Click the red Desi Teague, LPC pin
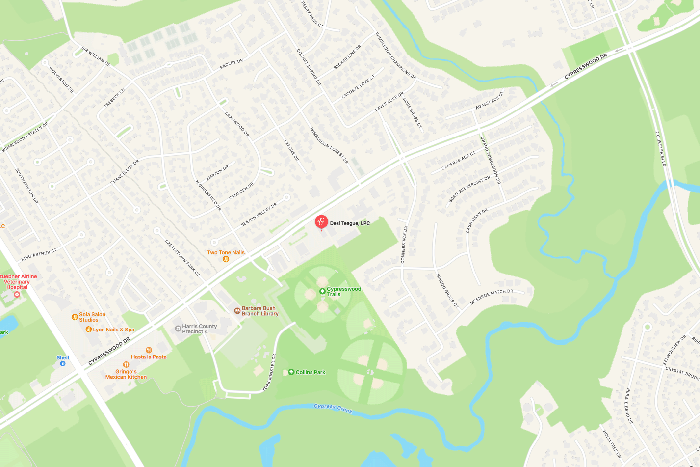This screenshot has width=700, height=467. (321, 222)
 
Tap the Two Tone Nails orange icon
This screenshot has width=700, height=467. (226, 259)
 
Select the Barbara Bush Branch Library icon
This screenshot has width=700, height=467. (237, 311)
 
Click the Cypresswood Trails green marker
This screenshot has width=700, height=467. (322, 291)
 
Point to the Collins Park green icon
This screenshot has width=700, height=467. (291, 372)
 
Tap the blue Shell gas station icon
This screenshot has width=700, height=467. (62, 364)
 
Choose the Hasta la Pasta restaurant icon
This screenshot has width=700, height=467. (149, 350)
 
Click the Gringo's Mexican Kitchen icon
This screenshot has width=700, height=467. (126, 365)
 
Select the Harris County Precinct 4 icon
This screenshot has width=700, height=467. (178, 329)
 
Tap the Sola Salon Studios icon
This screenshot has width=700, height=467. (75, 317)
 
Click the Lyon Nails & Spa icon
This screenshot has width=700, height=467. (89, 330)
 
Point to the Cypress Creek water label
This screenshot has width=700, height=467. (333, 408)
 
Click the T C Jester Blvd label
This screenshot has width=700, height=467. (661, 148)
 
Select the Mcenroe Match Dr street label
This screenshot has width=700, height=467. (491, 297)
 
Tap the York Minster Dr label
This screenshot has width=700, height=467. (270, 372)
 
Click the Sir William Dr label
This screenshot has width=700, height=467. (96, 57)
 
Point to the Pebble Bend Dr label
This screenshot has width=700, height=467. (628, 406)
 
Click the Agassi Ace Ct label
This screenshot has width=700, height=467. (490, 101)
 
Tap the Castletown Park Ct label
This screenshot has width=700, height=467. (182, 258)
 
